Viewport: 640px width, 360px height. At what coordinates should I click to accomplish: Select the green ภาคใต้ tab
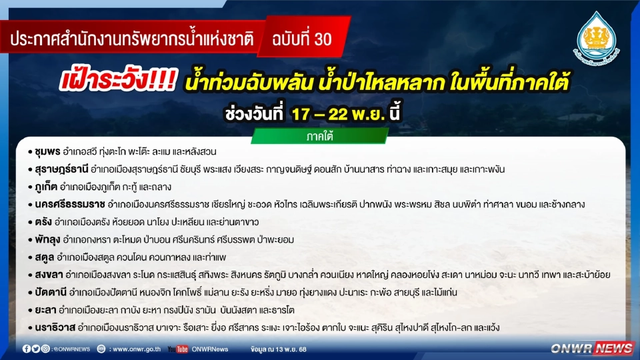tap(319, 137)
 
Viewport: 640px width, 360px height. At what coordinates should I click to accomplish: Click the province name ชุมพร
tap(47, 151)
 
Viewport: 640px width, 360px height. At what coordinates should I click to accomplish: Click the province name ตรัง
tap(41, 221)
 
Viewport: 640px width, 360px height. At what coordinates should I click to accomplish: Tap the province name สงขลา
tap(45, 274)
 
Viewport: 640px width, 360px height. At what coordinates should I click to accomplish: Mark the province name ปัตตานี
tap(50, 292)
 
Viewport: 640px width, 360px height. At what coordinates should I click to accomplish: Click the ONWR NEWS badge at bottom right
tap(592, 348)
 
